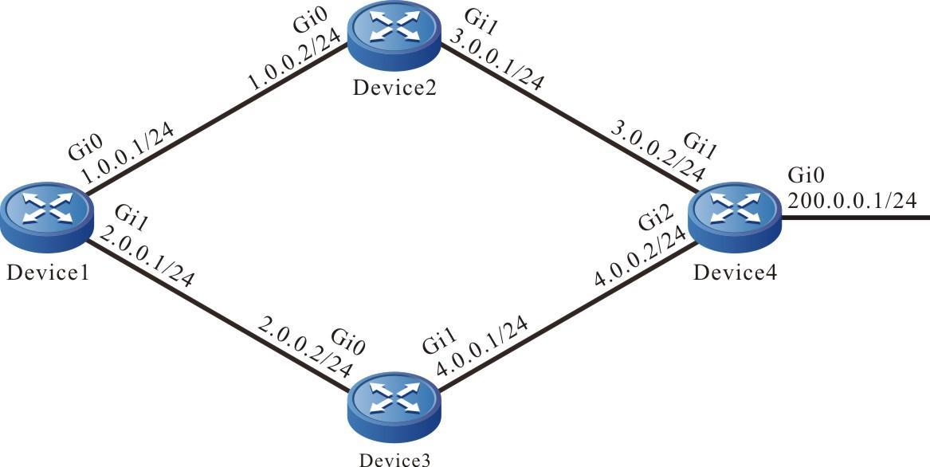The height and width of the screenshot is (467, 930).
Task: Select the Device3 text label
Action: click(x=397, y=458)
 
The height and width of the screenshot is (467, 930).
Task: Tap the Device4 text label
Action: click(x=734, y=273)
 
